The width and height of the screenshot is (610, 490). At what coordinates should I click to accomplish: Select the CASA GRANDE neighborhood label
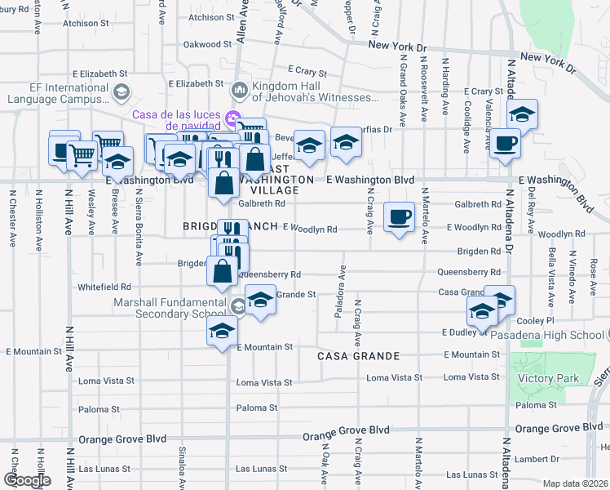tap(358, 356)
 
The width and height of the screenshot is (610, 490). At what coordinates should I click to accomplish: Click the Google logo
tap(26, 480)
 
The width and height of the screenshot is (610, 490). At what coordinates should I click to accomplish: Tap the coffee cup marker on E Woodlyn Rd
tap(398, 217)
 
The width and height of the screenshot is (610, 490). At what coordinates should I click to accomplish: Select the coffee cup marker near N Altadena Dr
tap(506, 143)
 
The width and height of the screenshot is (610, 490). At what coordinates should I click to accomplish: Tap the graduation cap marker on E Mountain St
tap(221, 332)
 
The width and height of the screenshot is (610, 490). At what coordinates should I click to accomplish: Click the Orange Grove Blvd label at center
tap(346, 429)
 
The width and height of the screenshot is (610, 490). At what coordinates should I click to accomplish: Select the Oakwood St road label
tap(203, 44)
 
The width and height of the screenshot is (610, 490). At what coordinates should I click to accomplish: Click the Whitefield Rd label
tap(104, 287)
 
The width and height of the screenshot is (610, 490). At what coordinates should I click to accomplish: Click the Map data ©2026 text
tap(576, 483)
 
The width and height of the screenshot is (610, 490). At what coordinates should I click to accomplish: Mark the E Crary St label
tap(307, 72)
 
